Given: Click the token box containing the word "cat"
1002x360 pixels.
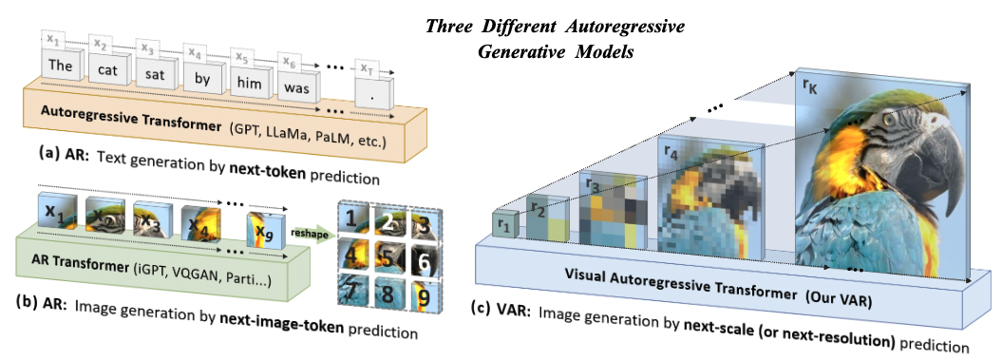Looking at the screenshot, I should (105, 70).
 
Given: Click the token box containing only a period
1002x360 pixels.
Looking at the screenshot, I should (373, 93).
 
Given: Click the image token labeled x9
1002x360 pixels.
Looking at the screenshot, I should (265, 229).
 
